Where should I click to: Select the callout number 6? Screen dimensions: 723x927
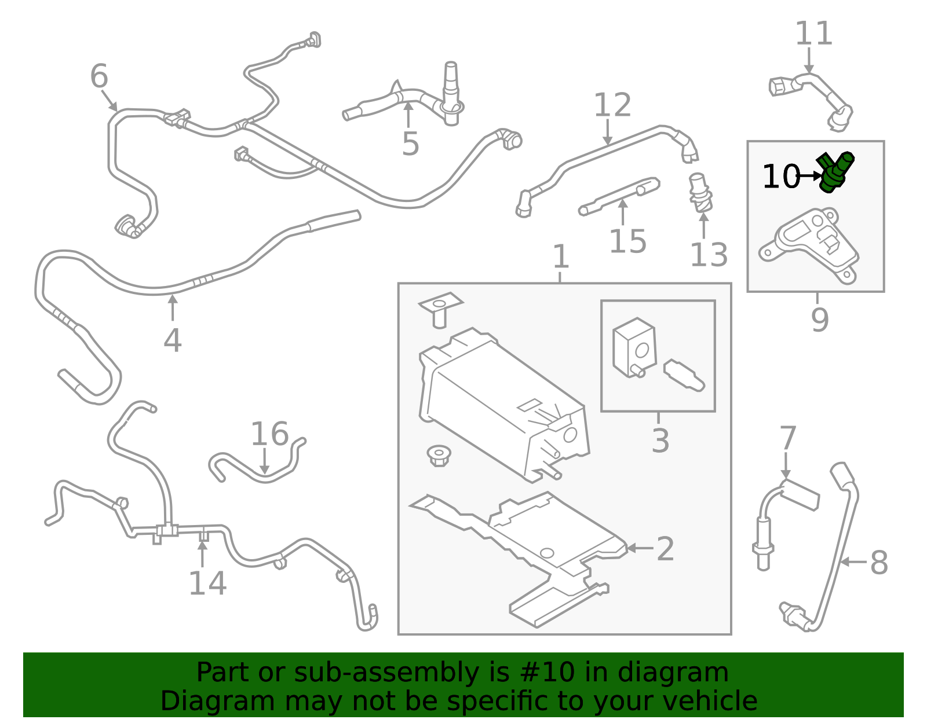pos(99,76)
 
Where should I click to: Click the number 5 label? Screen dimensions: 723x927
pos(410,144)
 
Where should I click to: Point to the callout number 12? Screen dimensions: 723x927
pos(612,105)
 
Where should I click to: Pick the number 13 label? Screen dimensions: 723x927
pos(709,255)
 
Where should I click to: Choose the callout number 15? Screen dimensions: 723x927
pos(627,241)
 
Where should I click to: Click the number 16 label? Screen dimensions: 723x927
pos(269,434)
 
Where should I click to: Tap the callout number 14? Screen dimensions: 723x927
pos(207,583)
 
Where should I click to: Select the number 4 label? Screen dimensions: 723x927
pos(173,340)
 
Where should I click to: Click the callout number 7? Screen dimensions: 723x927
pos(788,438)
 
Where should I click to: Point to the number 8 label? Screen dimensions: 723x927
pos(879,563)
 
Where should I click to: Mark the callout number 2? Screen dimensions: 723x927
pos(665,549)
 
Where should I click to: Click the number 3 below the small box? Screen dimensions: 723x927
pos(660,441)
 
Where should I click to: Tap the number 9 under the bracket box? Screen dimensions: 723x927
pos(819,320)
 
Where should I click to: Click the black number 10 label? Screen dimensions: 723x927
pos(780,177)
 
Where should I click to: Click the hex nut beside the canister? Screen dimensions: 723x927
pos(439,456)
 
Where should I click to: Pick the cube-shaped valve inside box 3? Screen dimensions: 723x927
pos(634,347)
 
